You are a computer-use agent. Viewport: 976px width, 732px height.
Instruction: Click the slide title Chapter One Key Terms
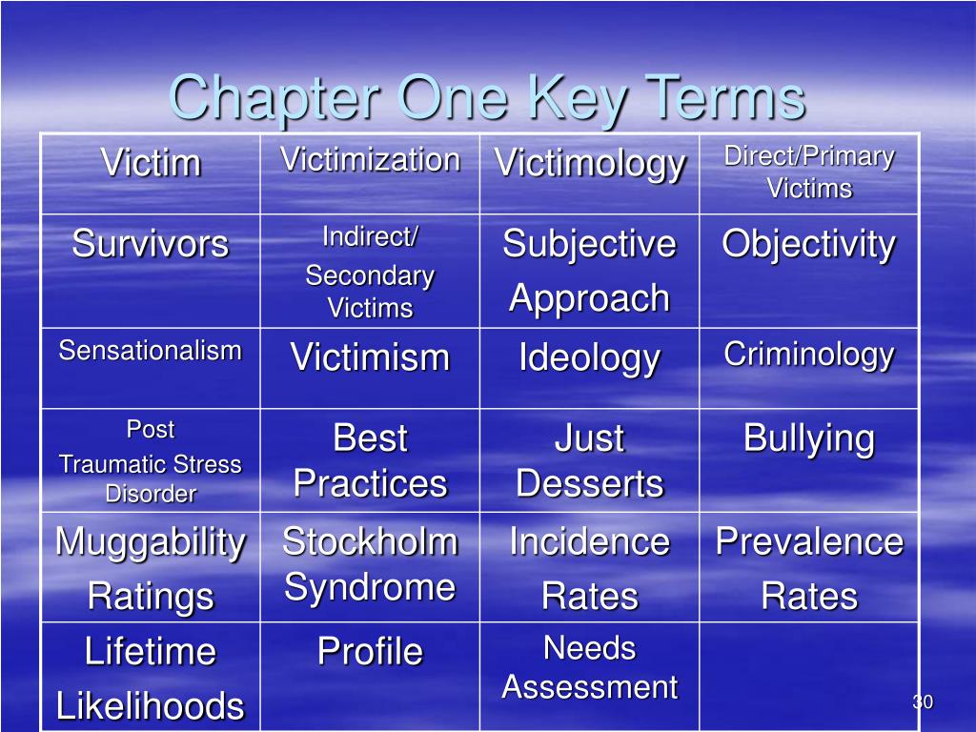click(487, 97)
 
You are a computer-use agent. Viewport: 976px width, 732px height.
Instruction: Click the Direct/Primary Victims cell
click(809, 173)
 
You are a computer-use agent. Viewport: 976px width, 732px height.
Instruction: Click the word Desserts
click(590, 483)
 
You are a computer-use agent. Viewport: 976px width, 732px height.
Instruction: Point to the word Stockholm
click(370, 541)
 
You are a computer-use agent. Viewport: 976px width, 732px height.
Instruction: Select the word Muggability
click(151, 541)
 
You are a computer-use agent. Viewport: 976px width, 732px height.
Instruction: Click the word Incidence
click(590, 541)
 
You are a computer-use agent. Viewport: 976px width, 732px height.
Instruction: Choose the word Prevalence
click(809, 541)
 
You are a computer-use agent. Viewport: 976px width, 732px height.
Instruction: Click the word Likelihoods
click(151, 706)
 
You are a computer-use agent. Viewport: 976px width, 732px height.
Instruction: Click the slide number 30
click(922, 702)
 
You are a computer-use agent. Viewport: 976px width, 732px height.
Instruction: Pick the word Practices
click(370, 483)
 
